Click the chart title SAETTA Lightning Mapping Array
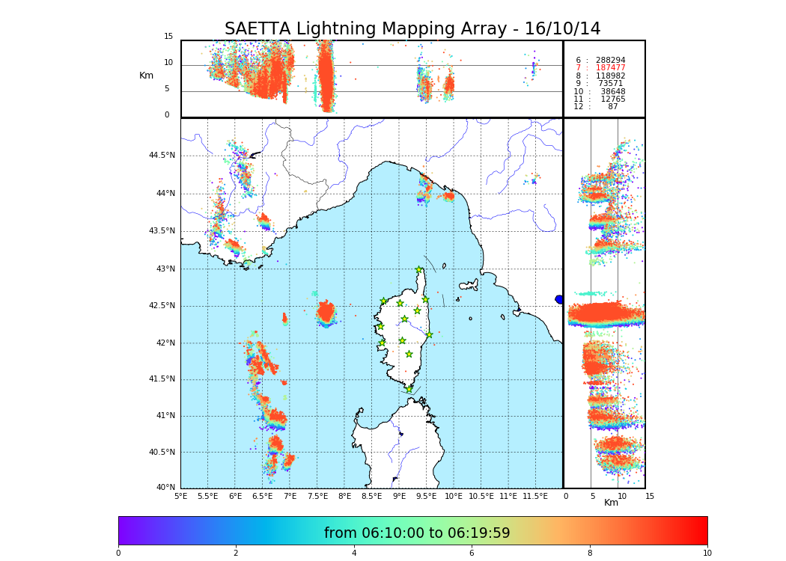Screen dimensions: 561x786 click(x=412, y=29)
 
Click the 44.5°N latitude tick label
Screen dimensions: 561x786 click(x=162, y=156)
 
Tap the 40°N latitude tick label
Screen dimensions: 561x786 click(x=165, y=488)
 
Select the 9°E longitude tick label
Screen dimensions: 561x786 click(x=399, y=496)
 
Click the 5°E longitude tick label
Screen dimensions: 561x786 click(x=180, y=496)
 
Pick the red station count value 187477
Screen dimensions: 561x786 click(x=610, y=68)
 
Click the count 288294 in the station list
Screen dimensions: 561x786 click(x=610, y=60)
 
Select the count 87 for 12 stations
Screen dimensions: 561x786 click(x=612, y=107)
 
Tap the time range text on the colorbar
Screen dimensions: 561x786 click(x=417, y=533)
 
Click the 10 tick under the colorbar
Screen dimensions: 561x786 click(x=707, y=554)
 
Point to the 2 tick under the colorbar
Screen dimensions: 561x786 click(x=236, y=554)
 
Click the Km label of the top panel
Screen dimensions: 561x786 click(x=146, y=76)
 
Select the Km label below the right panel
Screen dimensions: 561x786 click(x=611, y=503)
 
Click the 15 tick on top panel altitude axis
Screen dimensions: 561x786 click(x=168, y=37)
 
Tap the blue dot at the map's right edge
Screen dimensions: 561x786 click(x=559, y=299)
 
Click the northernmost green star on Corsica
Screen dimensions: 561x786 click(x=419, y=270)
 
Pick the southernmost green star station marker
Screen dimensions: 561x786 click(x=409, y=389)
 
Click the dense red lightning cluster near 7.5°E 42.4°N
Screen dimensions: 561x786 click(x=326, y=312)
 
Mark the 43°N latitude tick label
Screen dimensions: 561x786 click(x=165, y=269)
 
